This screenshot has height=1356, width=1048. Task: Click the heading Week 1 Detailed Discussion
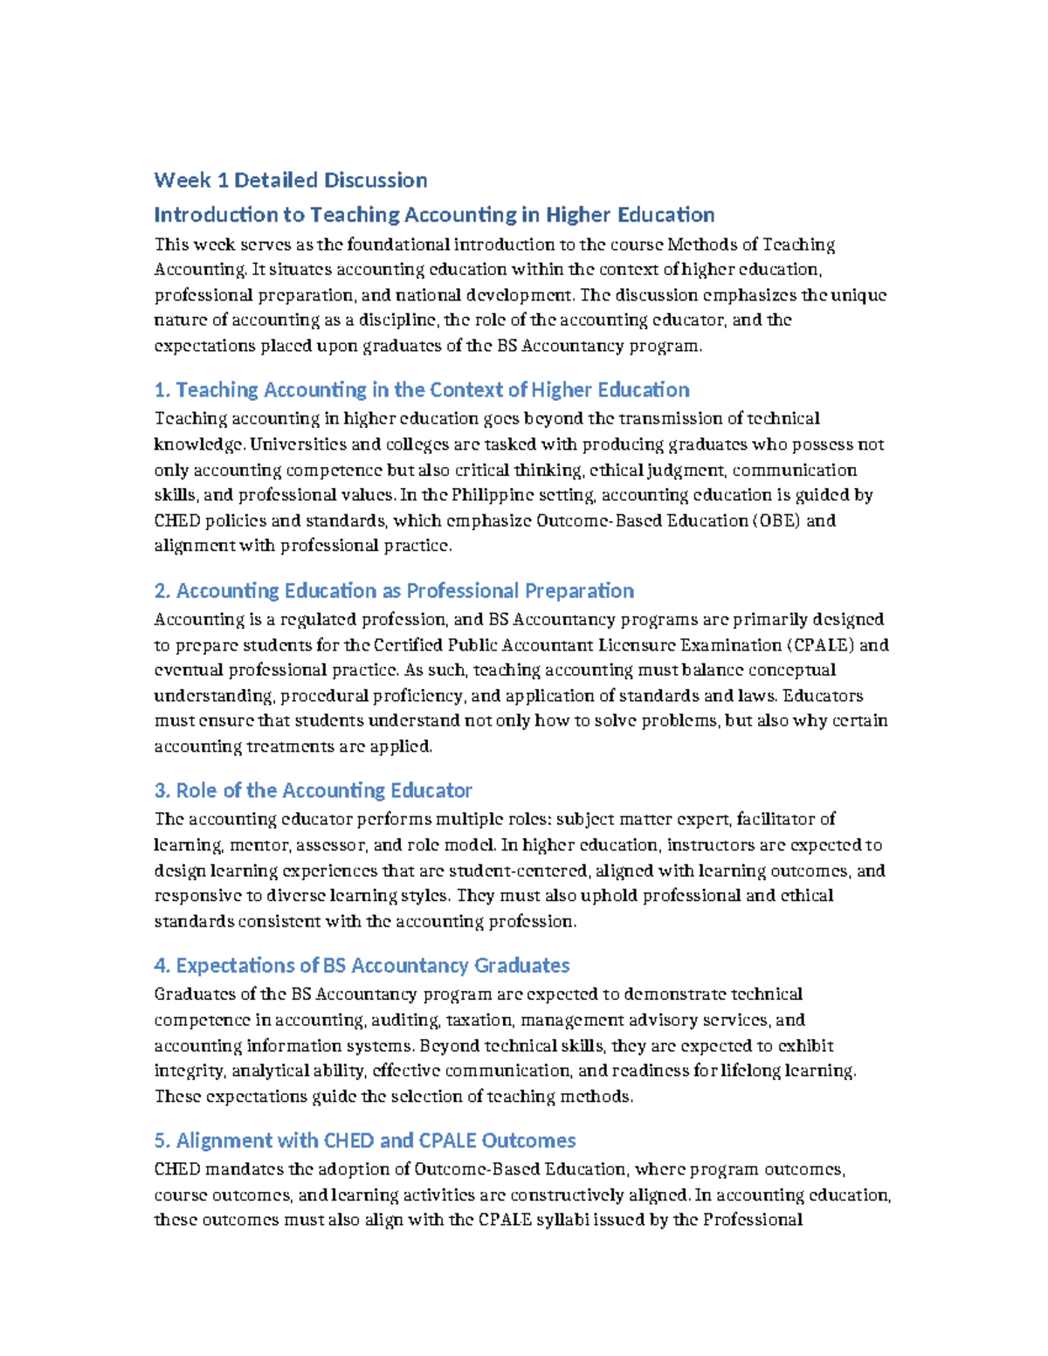coord(290,181)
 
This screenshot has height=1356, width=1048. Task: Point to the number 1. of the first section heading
coord(162,390)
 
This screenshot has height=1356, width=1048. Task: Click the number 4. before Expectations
coord(162,966)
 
